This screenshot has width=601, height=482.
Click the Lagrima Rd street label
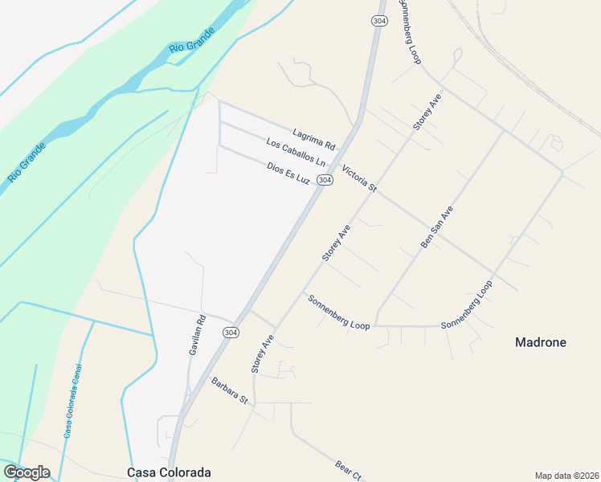(313, 139)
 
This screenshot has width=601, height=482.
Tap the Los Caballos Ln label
(296, 153)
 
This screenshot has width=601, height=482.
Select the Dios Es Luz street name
(288, 173)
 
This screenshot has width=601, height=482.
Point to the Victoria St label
(359, 178)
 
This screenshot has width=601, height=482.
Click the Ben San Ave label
(437, 227)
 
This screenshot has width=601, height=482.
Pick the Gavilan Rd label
(197, 335)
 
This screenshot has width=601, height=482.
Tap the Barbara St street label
(231, 390)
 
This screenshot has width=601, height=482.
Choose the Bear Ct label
(350, 471)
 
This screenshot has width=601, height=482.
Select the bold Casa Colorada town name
(169, 472)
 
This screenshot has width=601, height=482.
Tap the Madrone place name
(540, 342)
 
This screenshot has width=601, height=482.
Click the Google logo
(27, 472)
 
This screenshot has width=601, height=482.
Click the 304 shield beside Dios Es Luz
(325, 181)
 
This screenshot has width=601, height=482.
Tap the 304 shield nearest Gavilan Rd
(231, 332)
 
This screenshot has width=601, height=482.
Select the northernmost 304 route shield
(378, 21)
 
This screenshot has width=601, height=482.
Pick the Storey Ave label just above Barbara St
(262, 354)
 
